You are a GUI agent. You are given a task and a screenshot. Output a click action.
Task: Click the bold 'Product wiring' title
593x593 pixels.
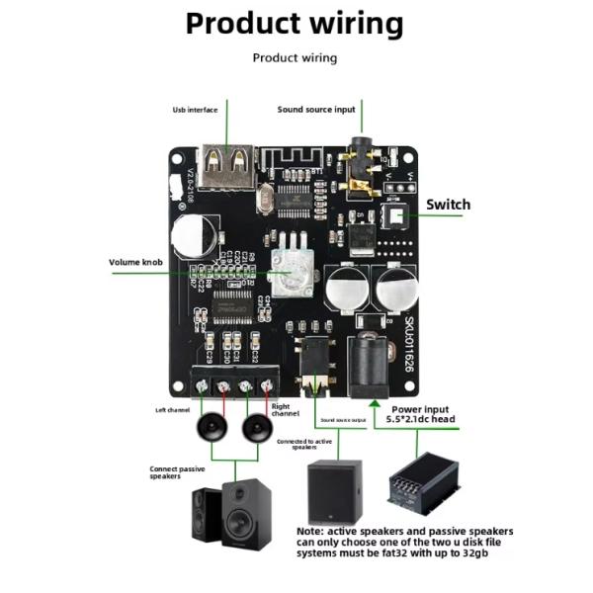click(x=295, y=24)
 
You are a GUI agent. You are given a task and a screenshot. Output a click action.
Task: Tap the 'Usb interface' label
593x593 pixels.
click(x=195, y=110)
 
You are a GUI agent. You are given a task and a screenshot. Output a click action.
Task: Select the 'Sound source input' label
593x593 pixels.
click(x=315, y=110)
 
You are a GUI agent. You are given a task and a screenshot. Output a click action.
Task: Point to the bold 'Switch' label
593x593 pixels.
click(x=448, y=206)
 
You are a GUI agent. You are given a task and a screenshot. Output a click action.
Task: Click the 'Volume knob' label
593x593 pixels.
click(x=135, y=262)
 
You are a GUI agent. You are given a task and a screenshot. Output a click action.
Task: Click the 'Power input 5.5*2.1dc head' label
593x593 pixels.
click(x=422, y=414)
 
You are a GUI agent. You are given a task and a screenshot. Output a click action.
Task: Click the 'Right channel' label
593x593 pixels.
click(x=285, y=409)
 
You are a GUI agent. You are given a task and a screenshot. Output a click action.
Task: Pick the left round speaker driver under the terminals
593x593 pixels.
click(x=212, y=427)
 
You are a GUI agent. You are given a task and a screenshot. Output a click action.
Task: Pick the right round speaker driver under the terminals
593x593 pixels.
click(x=257, y=427)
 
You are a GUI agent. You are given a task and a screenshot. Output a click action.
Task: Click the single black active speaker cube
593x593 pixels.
click(x=334, y=492)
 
